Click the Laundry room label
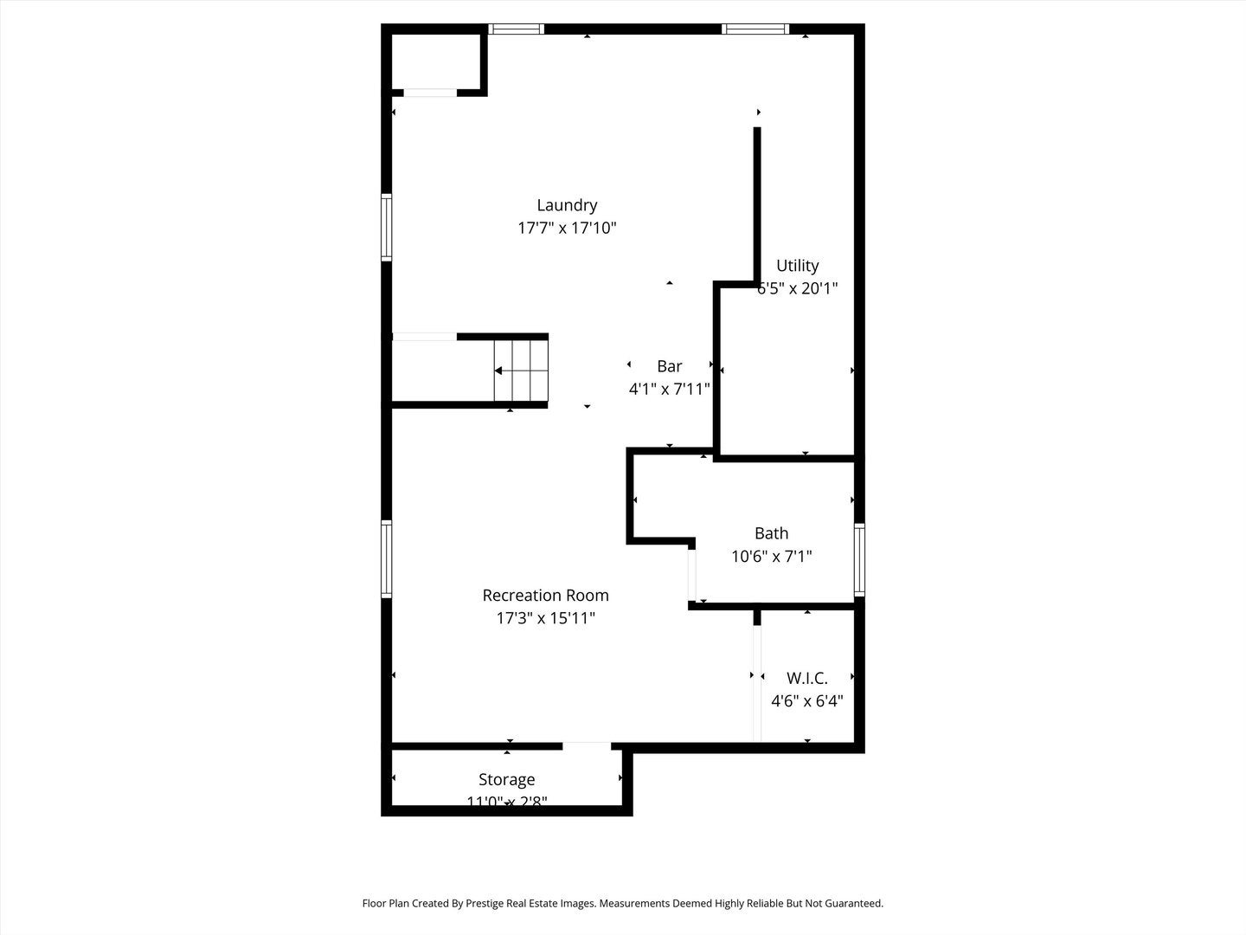(x=567, y=205)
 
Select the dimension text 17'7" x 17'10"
(x=567, y=229)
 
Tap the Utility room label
(x=797, y=266)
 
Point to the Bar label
(x=669, y=366)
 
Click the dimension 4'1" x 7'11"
(x=669, y=390)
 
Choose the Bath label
(x=771, y=533)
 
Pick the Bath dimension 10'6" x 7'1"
(x=771, y=557)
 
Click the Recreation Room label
(x=545, y=596)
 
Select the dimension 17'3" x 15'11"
(x=545, y=618)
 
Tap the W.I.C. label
(x=806, y=678)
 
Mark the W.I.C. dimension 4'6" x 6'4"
(x=806, y=701)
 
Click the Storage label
(x=506, y=780)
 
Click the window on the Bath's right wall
(x=859, y=559)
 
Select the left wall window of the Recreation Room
(x=387, y=558)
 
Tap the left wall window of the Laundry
(x=387, y=228)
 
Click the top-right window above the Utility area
(x=755, y=29)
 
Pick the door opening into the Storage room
(x=587, y=745)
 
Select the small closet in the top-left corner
(x=435, y=61)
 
